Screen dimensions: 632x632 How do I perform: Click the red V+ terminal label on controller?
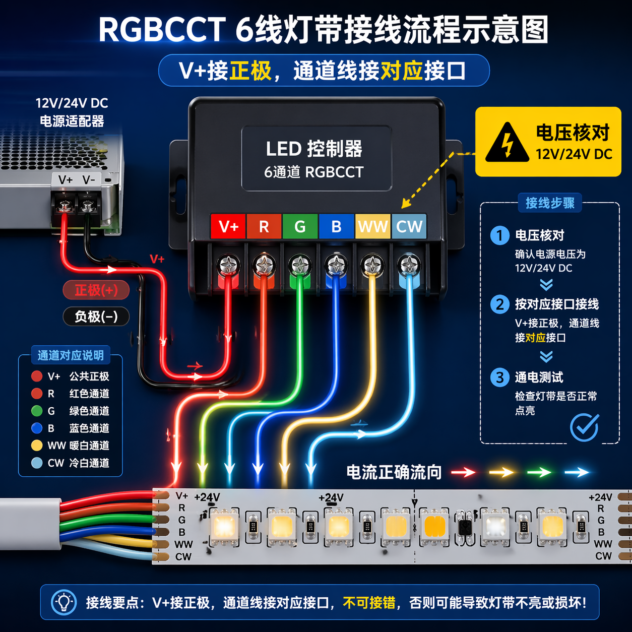coord(228,226)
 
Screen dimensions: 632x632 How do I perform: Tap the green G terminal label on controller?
coord(300,226)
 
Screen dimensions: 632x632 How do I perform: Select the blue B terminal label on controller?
coord(336,226)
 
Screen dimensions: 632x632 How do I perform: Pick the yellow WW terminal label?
coord(372,226)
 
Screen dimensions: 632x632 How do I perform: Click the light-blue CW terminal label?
coord(409,226)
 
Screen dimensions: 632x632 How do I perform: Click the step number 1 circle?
coord(499,235)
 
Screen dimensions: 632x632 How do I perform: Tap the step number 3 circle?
coord(499,377)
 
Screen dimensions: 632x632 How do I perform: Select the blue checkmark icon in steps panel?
coord(585,427)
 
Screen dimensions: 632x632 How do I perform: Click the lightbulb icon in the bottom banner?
coord(64,602)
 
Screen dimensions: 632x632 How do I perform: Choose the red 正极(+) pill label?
coord(96,290)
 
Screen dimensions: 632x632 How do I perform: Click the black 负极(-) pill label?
coord(96,317)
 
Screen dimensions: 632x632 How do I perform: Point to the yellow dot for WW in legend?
coord(37,446)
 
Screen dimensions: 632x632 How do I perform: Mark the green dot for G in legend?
coord(37,411)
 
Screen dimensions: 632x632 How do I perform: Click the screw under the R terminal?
coord(264,264)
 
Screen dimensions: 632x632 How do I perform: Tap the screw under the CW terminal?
coord(409,264)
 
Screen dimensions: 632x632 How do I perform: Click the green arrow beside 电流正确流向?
coord(539,472)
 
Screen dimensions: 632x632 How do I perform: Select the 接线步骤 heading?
coord(550,203)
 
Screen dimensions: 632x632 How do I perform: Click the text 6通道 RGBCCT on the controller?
coord(313,172)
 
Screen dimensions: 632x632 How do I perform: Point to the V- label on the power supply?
coord(89,180)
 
